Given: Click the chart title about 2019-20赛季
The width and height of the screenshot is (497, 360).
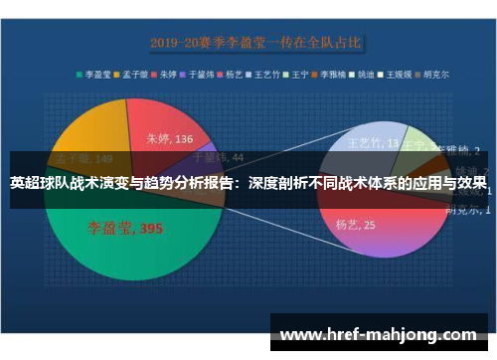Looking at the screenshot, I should click(x=256, y=43).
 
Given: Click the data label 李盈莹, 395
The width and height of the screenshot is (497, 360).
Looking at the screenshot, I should click(x=124, y=229).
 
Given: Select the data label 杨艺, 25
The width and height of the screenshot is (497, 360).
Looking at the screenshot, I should click(x=354, y=225).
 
